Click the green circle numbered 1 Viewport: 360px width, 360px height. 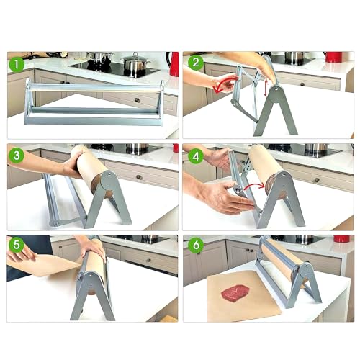[x=17, y=64]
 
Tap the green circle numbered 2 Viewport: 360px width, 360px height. [x=196, y=63]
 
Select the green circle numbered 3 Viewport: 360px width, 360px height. [x=17, y=156]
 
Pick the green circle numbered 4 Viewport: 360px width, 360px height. [x=196, y=156]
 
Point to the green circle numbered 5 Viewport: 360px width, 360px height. [x=17, y=245]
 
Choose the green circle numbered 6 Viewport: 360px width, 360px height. [x=196, y=245]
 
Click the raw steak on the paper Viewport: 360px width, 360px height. [x=235, y=293]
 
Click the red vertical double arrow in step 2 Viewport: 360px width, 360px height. [x=265, y=88]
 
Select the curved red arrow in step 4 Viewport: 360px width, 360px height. [x=255, y=186]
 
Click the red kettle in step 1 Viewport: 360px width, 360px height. [x=174, y=64]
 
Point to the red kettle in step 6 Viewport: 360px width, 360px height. [x=342, y=238]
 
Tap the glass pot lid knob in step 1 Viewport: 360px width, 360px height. [x=135, y=54]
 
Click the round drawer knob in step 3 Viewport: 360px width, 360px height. [x=138, y=177]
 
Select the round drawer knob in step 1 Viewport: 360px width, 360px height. [x=137, y=100]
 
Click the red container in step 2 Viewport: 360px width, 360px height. [x=333, y=57]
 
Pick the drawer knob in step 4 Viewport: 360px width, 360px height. [x=317, y=180]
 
